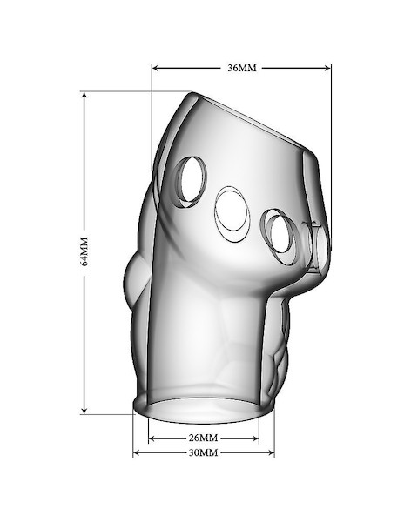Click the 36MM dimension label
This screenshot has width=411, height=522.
pyautogui.click(x=242, y=68)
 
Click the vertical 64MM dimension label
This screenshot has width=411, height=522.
pyautogui.click(x=84, y=251)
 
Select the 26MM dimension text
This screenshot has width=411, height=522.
pyautogui.click(x=204, y=438)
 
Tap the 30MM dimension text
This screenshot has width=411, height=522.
pyautogui.click(x=204, y=452)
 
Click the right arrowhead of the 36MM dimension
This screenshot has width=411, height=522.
pyautogui.click(x=327, y=68)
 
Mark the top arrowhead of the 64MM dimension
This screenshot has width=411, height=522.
pyautogui.click(x=84, y=96)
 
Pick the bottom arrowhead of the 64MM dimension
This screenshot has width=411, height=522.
pyautogui.click(x=84, y=410)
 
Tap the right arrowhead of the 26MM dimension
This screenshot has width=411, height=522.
pyautogui.click(x=254, y=438)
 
